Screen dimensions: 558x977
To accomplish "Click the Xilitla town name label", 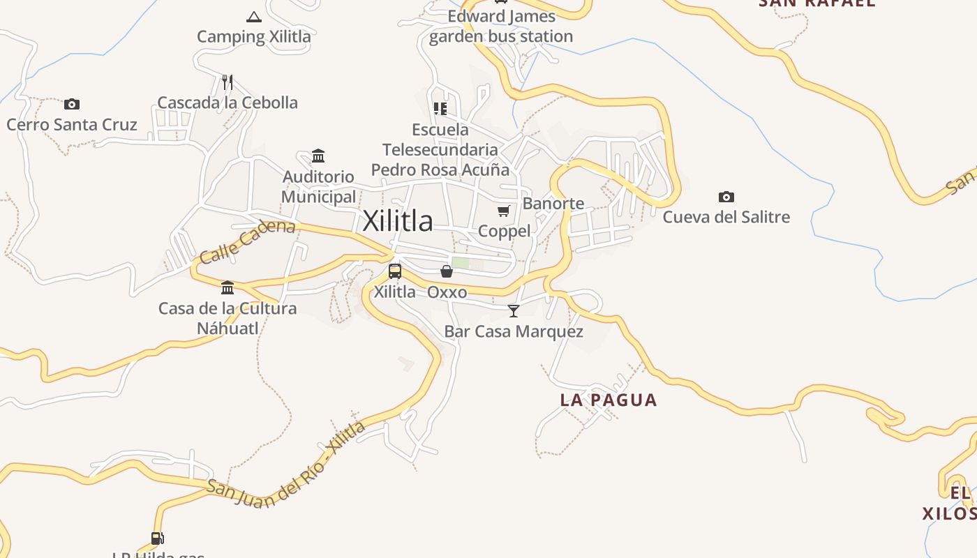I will [398, 221].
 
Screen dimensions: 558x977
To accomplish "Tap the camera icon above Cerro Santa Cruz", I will [71, 105].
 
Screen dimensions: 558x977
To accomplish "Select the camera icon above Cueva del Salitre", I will [726, 197].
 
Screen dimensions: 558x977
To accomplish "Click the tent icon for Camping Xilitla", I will [254, 17].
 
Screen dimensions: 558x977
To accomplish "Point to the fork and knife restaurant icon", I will [227, 82].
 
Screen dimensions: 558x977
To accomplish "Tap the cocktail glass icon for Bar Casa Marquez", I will [514, 310].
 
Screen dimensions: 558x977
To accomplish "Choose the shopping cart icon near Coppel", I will [504, 211].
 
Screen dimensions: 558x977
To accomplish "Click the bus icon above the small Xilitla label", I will [395, 271].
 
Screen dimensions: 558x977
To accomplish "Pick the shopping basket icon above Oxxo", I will [447, 271].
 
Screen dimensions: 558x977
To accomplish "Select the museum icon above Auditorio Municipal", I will [318, 156].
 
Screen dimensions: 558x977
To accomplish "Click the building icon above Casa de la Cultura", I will [228, 287].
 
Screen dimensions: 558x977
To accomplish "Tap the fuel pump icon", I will [158, 538].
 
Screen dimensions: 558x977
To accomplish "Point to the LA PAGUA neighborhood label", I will [609, 400].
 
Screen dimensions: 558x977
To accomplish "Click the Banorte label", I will [553, 204].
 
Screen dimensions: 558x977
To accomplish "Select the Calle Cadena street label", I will [247, 241].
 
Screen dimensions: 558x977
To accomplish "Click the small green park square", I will [461, 264].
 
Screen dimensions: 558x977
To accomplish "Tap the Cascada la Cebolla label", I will [228, 103].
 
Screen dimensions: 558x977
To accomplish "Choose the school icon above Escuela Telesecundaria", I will [440, 109].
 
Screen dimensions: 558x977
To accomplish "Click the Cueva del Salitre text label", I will [726, 217].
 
